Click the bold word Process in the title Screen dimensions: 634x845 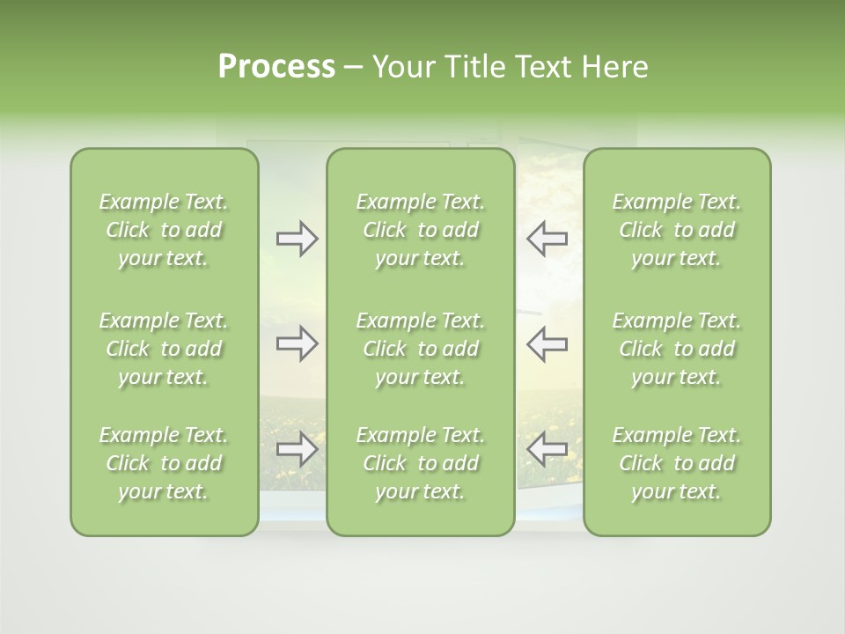(276, 67)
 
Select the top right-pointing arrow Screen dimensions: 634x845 (297, 239)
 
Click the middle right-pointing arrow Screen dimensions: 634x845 (297, 343)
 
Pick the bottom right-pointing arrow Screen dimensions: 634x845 (297, 449)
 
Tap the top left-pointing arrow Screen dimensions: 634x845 (547, 239)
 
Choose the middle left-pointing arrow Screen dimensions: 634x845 (547, 343)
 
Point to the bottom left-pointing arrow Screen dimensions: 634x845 (547, 449)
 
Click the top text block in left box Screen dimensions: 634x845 (164, 230)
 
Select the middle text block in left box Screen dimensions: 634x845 (164, 349)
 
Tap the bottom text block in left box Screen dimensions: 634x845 (164, 463)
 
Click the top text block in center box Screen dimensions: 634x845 (420, 230)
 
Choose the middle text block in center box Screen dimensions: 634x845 (420, 349)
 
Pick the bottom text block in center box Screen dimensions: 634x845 (420, 463)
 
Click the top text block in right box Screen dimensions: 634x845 (676, 230)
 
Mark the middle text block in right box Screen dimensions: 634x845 (676, 349)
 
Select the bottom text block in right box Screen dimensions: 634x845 (676, 463)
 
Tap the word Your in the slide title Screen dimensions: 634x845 (403, 67)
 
